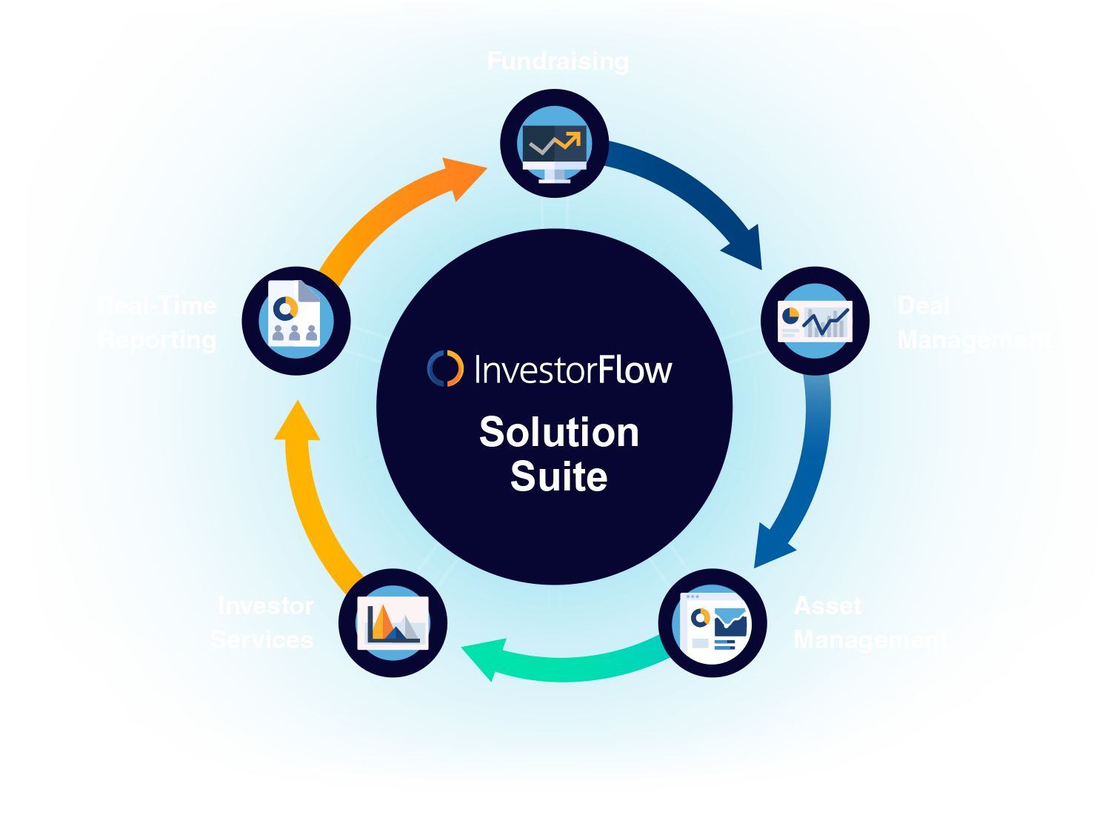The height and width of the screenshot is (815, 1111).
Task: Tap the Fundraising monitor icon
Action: pos(555,144)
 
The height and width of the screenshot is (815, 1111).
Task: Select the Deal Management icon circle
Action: pos(815,321)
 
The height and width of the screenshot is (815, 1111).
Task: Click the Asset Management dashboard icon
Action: pos(713,623)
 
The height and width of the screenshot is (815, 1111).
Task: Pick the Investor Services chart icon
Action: pos(393,623)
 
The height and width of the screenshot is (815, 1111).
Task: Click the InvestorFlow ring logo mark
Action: pos(445,369)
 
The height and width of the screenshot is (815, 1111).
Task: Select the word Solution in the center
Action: pos(559,433)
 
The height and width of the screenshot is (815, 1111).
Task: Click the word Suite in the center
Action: pos(559,476)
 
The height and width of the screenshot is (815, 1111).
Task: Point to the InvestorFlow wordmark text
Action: pos(573,370)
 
